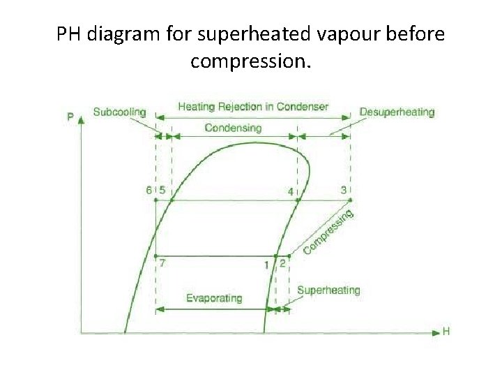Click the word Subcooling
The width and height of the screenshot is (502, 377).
[x=119, y=112]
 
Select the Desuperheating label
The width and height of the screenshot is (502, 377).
[x=397, y=112]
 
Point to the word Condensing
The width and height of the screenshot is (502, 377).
[x=234, y=127]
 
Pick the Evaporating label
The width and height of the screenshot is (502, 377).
[x=214, y=298]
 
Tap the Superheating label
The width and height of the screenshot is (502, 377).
[x=328, y=290]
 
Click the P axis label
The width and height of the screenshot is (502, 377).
[x=71, y=116]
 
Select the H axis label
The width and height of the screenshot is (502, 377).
[x=446, y=332]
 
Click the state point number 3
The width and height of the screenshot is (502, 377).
[x=343, y=189]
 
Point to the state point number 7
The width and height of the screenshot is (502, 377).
[x=162, y=263]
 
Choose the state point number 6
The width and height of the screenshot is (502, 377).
[x=149, y=190]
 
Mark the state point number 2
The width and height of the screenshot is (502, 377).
[x=282, y=264]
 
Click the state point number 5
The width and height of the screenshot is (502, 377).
[x=162, y=190]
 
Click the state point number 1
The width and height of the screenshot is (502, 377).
[x=266, y=265]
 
